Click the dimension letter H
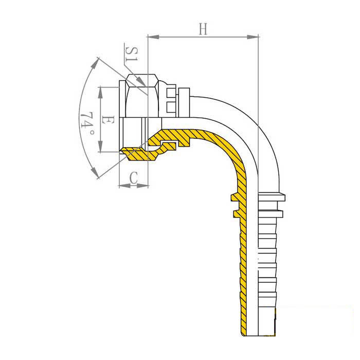click(203, 29)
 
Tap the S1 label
click(132, 54)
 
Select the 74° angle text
click(87, 123)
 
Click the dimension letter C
click(133, 177)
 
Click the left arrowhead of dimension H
click(153, 37)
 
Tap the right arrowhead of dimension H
click(253, 37)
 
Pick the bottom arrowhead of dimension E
click(100, 147)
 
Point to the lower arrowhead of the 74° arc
click(94, 173)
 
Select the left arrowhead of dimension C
click(124, 185)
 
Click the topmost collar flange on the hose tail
click(272, 197)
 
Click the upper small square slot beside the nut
click(170, 93)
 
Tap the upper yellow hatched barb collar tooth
click(235, 198)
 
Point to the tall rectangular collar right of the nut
click(184, 102)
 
